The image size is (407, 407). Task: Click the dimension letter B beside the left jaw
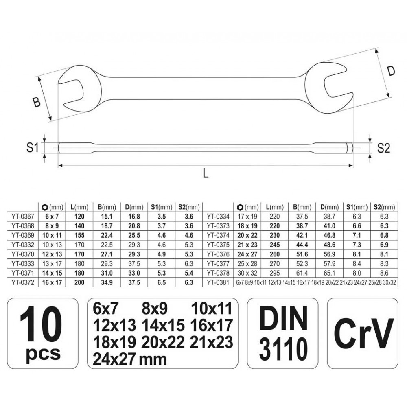[x=37, y=102]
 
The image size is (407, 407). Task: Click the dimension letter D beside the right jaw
[x=391, y=71]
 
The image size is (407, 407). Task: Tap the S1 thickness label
[x=33, y=147]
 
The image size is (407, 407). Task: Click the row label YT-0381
[x=218, y=281]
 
